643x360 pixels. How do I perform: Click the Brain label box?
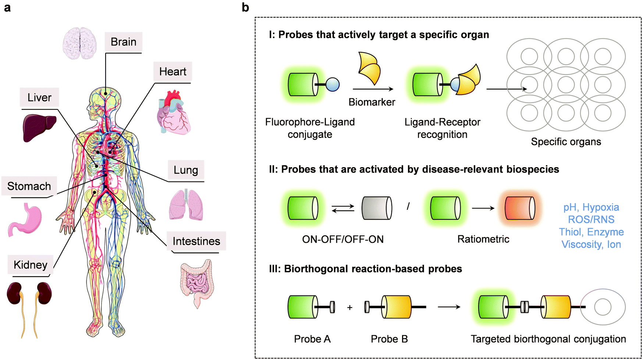pos(123,42)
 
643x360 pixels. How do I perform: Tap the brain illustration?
pos(79,43)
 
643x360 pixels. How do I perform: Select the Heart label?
pos(173,71)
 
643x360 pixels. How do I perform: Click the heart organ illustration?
pos(174,112)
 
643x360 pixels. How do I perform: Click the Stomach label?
pos(29,186)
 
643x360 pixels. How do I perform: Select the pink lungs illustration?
pos(186,205)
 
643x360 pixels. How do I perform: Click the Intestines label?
pos(196,241)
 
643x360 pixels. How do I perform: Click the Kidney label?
pos(31,265)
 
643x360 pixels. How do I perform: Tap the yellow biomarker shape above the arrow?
pos(369,68)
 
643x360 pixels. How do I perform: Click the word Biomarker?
pos(372,102)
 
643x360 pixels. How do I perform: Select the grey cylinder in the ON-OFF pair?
pos(376,208)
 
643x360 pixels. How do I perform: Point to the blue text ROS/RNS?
pos(591,219)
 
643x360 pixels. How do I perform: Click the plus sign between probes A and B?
pos(349,307)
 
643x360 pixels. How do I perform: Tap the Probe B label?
pos(389,339)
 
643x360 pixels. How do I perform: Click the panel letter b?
pos(245,7)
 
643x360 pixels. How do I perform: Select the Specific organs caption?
pos(566,142)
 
